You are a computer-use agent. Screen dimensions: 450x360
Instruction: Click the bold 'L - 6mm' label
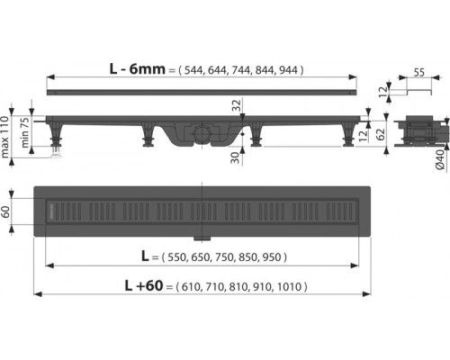pos(138,69)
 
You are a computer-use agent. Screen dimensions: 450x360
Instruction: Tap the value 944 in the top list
pos(288,70)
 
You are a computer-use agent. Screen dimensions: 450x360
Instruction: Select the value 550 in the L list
pos(177,257)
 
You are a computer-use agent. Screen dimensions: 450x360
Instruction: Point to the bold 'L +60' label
pos(144,285)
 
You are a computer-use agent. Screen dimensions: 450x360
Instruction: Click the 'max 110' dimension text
pos(5,137)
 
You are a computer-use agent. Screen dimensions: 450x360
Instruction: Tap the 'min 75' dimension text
pos(25,132)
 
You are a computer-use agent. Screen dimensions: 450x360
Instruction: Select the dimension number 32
pos(237,105)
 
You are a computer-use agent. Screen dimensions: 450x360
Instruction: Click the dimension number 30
pos(237,158)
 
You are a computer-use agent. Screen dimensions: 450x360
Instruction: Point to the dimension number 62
pos(380,134)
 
